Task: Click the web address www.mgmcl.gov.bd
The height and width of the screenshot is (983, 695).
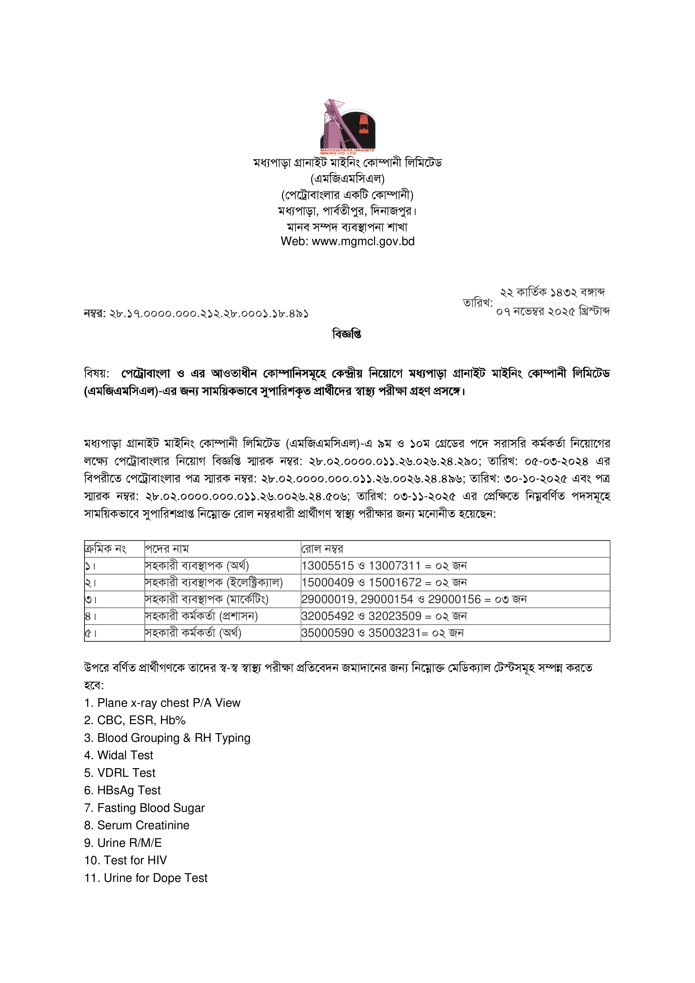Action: [363, 241]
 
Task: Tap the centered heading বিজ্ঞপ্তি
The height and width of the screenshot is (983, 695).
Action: [347, 334]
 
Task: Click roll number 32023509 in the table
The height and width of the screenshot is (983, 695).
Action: [395, 616]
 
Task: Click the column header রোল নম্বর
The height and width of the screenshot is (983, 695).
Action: [322, 549]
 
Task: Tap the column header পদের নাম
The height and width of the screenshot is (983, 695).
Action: [167, 549]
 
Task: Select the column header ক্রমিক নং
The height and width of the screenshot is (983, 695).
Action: [105, 549]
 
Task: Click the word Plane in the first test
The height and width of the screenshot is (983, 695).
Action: [112, 703]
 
